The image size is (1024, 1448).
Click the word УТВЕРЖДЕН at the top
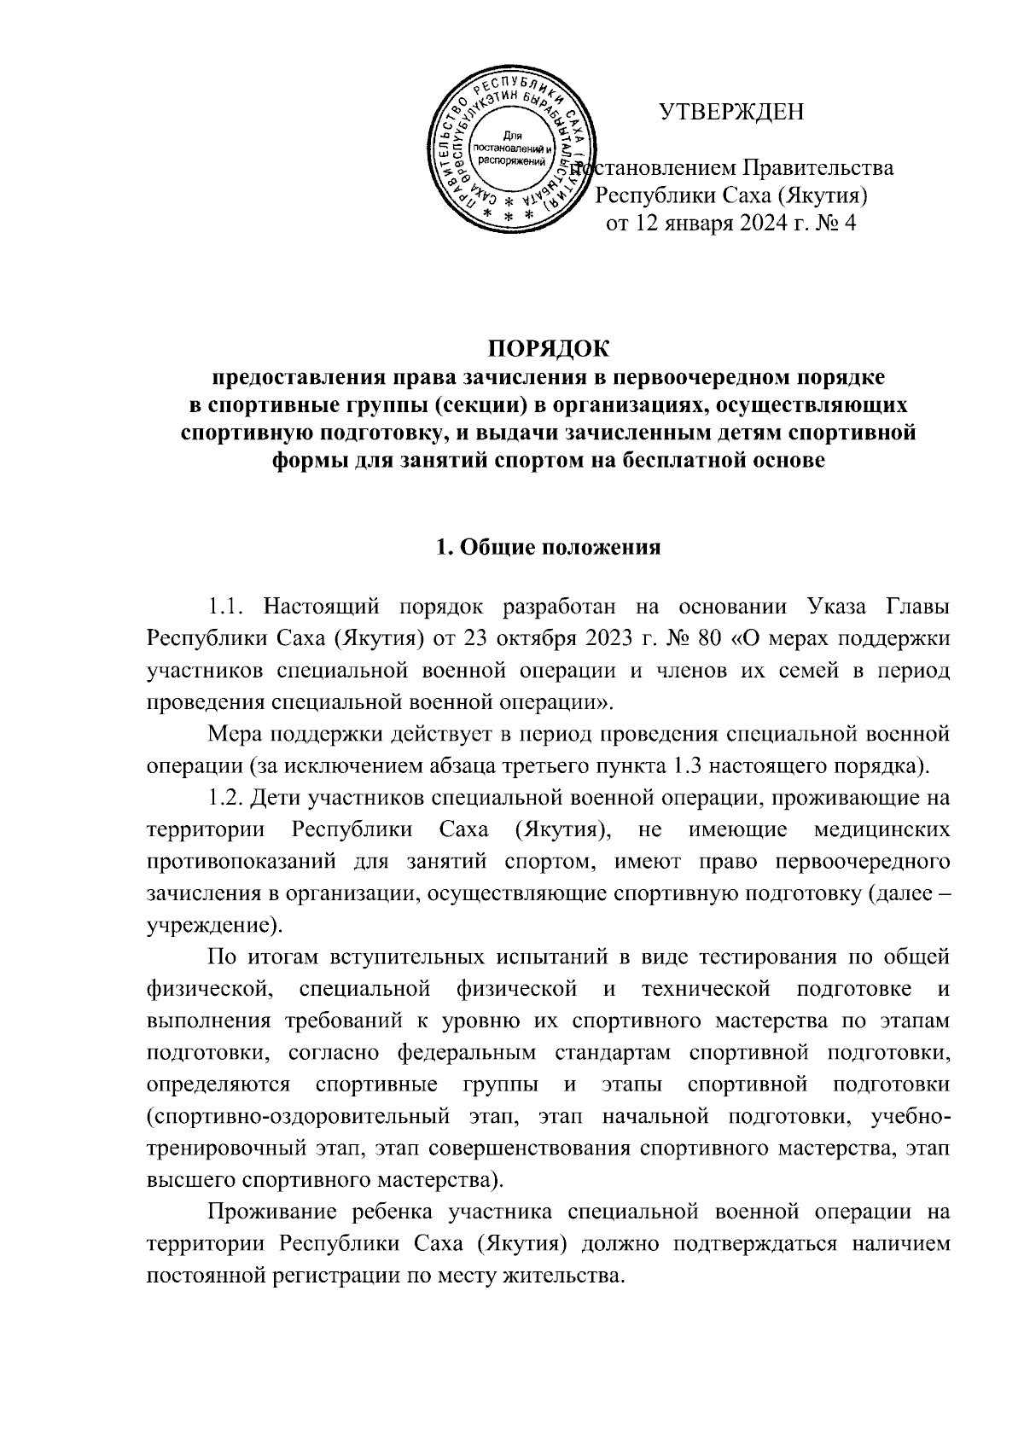[732, 111]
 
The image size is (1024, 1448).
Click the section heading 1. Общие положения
[549, 547]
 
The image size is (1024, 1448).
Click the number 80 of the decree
[708, 639]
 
